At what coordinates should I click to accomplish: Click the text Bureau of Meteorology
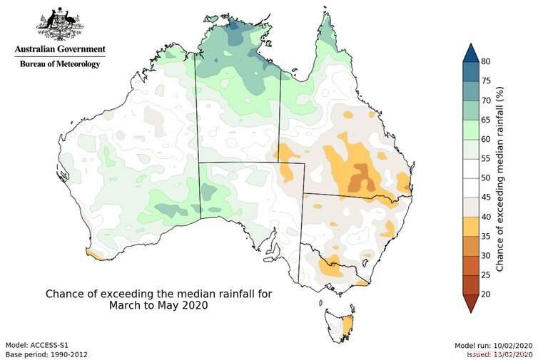[x=59, y=63]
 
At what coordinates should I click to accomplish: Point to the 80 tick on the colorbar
[x=484, y=62]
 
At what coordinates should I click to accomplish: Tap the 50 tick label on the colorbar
[x=484, y=178]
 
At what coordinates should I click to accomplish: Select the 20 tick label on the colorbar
[x=484, y=294]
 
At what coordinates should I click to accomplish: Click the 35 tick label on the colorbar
[x=484, y=236]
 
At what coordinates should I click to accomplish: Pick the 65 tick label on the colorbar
[x=484, y=120]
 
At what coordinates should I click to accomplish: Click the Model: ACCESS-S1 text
[x=36, y=344]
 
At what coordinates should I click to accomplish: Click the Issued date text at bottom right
[x=498, y=354]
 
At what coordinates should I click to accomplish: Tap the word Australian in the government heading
[x=35, y=50]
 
